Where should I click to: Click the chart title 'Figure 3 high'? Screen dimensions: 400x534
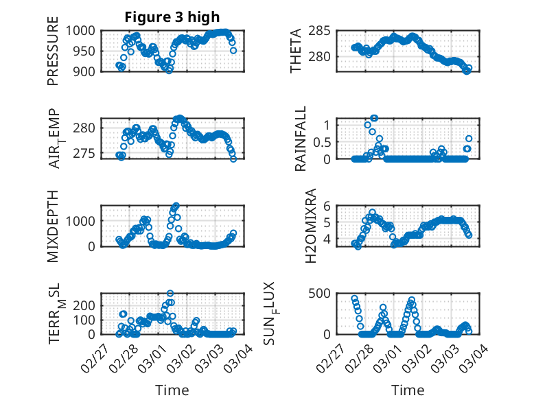pyautogui.click(x=172, y=17)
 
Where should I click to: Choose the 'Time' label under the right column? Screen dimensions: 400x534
pyautogui.click(x=408, y=390)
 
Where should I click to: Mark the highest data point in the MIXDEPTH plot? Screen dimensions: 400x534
pyautogui.click(x=176, y=205)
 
